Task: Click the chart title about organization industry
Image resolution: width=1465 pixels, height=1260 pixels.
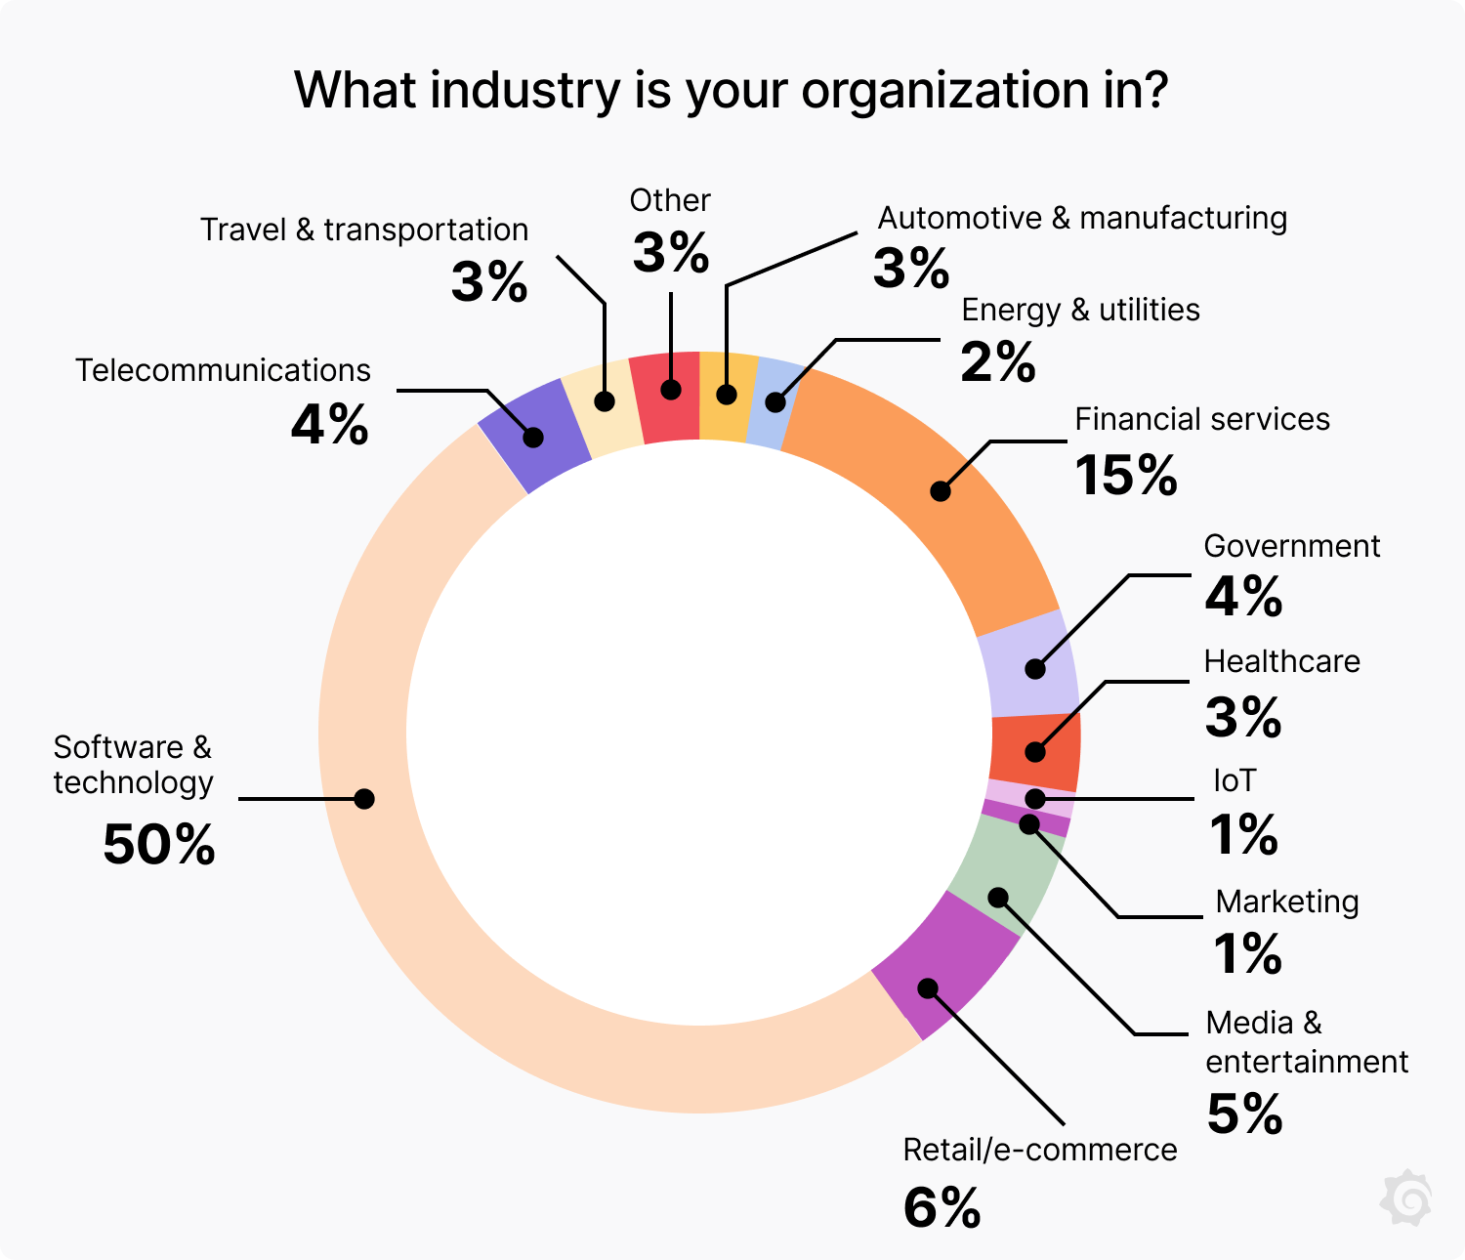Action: [x=732, y=90]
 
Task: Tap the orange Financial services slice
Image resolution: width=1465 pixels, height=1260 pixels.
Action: [x=938, y=488]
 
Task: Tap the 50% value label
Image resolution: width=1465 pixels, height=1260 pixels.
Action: [x=159, y=845]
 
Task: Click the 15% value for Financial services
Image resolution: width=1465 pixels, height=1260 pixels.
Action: [x=1126, y=476]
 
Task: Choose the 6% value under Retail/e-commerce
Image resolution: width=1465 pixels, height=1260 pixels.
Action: [x=942, y=1208]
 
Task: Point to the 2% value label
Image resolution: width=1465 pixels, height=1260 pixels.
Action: [x=997, y=363]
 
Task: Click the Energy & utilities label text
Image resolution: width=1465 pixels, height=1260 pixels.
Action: [x=1080, y=310]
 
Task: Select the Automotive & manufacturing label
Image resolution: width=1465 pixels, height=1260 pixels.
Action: [x=1082, y=218]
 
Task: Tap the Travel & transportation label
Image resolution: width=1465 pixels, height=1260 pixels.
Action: [x=364, y=230]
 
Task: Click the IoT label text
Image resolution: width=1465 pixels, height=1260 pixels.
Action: [x=1235, y=780]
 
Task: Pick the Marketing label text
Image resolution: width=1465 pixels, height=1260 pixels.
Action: [x=1286, y=902]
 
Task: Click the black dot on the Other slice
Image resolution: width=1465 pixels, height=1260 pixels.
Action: [x=671, y=390]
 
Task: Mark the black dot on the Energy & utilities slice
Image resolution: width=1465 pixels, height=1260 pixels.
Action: [x=775, y=402]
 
